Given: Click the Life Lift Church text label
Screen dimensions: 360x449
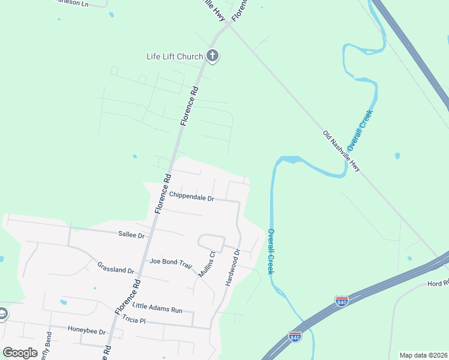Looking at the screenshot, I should click(x=175, y=56).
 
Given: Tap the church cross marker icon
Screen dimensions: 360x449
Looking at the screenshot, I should click(x=212, y=56).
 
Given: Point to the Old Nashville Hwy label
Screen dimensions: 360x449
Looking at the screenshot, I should click(x=342, y=151).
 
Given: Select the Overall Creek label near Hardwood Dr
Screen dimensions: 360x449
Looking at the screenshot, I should click(x=271, y=252).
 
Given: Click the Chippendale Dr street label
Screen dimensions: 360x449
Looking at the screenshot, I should click(x=191, y=196).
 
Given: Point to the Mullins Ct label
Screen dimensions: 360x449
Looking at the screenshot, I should click(x=207, y=265).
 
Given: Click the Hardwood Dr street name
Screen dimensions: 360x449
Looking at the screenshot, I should click(x=232, y=268).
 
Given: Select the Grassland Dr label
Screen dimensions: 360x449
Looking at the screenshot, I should click(x=115, y=267).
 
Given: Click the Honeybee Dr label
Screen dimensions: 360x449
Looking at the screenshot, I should click(x=86, y=331).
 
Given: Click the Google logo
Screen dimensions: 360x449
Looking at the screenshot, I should click(x=20, y=352).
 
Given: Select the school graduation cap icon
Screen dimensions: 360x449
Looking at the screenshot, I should click(x=2, y=314).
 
